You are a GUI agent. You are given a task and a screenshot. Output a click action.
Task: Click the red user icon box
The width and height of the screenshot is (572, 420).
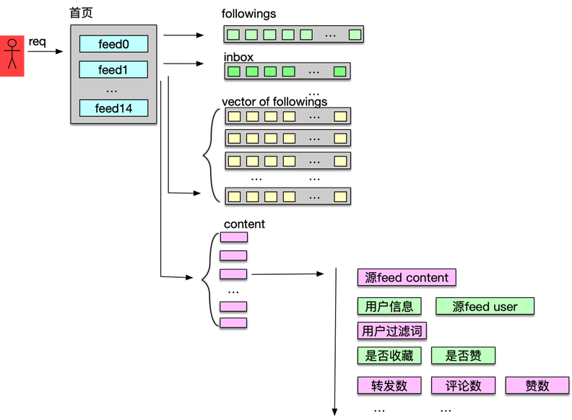12,56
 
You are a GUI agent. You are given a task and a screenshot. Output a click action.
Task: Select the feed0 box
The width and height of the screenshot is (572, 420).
113,44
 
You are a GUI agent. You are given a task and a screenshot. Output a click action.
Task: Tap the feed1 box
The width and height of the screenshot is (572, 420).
113,70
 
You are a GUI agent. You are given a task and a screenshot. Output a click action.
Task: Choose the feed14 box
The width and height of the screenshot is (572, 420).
113,109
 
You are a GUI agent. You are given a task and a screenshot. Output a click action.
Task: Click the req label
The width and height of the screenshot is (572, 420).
38,41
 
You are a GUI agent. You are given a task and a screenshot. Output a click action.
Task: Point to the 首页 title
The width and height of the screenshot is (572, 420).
81,13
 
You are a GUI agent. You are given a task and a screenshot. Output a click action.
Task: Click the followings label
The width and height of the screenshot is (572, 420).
248,14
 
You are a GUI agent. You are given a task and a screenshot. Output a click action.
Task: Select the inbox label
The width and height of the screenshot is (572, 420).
239,56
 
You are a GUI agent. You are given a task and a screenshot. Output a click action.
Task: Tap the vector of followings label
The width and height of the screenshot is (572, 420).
274,101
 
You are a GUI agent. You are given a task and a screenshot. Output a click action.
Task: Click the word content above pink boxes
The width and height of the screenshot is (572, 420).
244,224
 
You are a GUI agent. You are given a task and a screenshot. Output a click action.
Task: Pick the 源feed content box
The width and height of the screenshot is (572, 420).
407,278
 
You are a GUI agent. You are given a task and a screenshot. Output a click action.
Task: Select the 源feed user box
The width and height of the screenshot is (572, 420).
485,306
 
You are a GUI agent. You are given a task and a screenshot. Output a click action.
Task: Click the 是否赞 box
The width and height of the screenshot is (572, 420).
463,355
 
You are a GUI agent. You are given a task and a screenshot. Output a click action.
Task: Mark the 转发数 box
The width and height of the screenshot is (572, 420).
389,385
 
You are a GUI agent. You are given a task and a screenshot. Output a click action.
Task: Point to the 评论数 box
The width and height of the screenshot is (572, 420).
463,385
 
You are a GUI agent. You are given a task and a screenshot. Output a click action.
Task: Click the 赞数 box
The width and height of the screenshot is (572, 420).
537,385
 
